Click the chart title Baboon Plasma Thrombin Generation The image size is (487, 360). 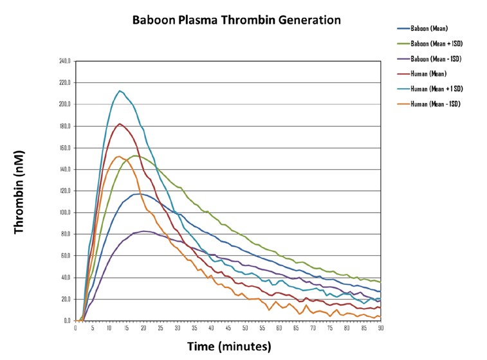pos(236,20)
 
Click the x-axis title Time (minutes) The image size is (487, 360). pos(229,346)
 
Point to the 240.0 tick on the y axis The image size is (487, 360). pos(65,61)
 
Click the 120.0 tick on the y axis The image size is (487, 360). pos(65,191)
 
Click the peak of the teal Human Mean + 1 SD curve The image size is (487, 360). pos(120,91)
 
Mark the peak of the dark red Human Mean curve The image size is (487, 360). pos(120,123)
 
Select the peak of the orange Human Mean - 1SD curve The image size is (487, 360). pos(119,156)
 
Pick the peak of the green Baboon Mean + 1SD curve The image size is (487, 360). pos(134,156)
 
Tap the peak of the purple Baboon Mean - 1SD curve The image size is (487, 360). pos(143,231)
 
